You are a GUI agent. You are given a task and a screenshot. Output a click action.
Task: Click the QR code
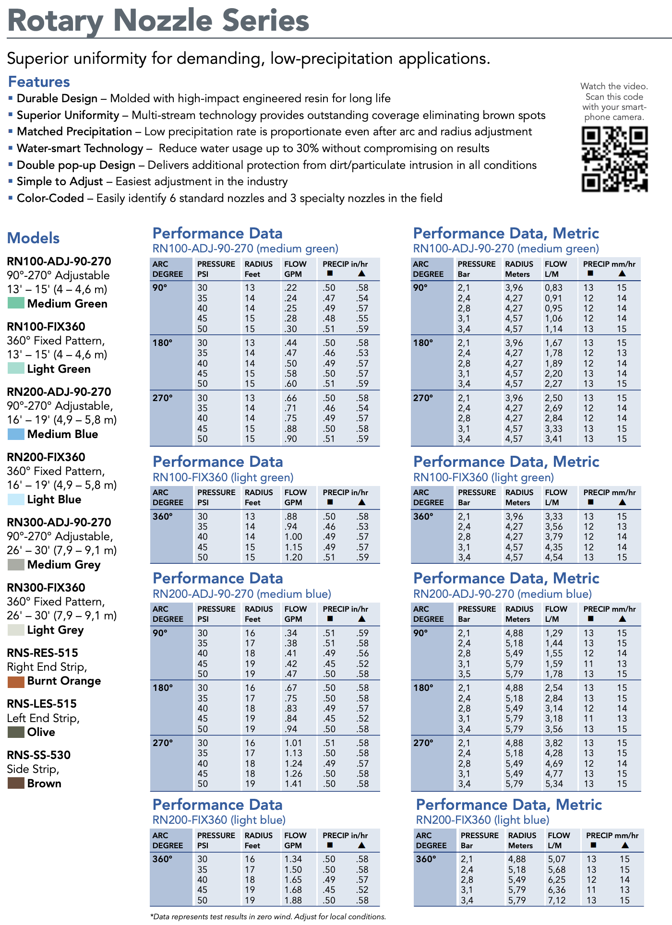(x=614, y=159)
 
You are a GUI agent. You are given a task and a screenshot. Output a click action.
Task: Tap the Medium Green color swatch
(x=16, y=303)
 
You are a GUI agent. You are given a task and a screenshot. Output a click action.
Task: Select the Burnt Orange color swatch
(x=16, y=681)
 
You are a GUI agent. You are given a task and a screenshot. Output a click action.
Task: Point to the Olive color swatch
(x=16, y=732)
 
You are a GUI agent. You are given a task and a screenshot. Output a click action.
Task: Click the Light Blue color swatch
(x=16, y=499)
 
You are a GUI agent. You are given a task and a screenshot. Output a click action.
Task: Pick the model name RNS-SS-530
(x=39, y=755)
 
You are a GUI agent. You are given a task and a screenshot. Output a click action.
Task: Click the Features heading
(x=39, y=82)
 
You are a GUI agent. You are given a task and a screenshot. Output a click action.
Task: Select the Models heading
(x=34, y=238)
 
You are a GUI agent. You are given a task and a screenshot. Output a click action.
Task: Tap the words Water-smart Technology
(x=80, y=148)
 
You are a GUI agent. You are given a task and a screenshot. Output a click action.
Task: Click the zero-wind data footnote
(x=268, y=916)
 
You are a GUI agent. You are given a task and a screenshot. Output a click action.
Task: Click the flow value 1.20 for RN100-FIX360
(x=293, y=557)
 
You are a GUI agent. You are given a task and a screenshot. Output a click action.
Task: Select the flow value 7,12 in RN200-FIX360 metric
(x=557, y=901)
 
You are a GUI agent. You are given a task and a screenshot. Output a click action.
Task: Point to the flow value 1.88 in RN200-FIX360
(x=293, y=901)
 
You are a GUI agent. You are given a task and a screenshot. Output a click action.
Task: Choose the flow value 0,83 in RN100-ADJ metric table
(x=553, y=288)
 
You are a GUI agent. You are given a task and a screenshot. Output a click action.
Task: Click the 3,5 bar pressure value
(x=464, y=674)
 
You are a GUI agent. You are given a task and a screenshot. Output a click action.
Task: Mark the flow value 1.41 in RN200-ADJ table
(x=293, y=784)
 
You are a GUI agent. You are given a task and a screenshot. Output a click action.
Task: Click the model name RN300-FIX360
(x=46, y=588)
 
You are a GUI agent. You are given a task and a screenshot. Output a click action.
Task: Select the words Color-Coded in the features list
(x=50, y=198)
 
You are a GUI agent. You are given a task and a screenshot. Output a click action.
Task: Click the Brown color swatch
(x=16, y=783)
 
